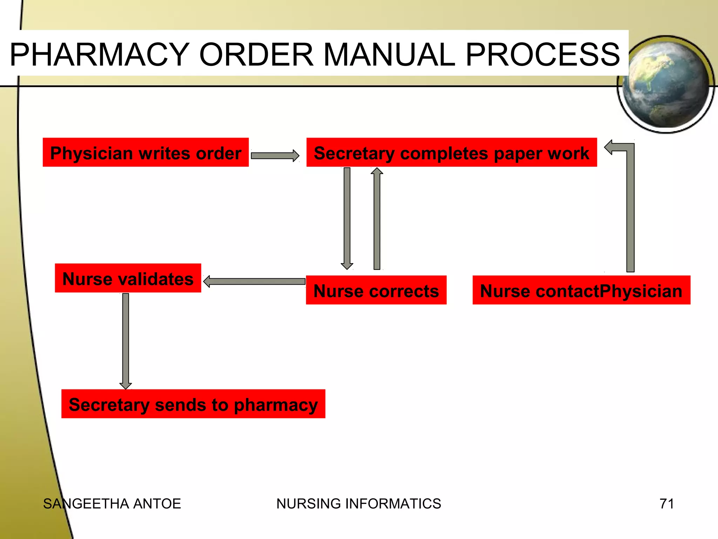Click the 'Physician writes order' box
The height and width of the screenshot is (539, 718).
[x=145, y=152]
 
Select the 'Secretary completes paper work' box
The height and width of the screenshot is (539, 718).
[x=451, y=152]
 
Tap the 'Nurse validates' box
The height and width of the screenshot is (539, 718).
[x=128, y=278]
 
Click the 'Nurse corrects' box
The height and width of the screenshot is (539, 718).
[x=376, y=290]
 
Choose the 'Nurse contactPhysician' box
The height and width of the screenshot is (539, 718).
[x=581, y=290]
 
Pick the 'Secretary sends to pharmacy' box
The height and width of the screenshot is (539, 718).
[x=193, y=404]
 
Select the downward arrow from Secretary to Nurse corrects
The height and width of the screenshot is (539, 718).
[x=347, y=218]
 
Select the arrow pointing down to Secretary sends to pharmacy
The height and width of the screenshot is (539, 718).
[x=126, y=340]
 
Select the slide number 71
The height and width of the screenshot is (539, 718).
[x=666, y=504]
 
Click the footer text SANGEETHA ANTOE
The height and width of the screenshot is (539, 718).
[x=112, y=504]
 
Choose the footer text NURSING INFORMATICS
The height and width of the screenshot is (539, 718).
[x=358, y=504]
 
